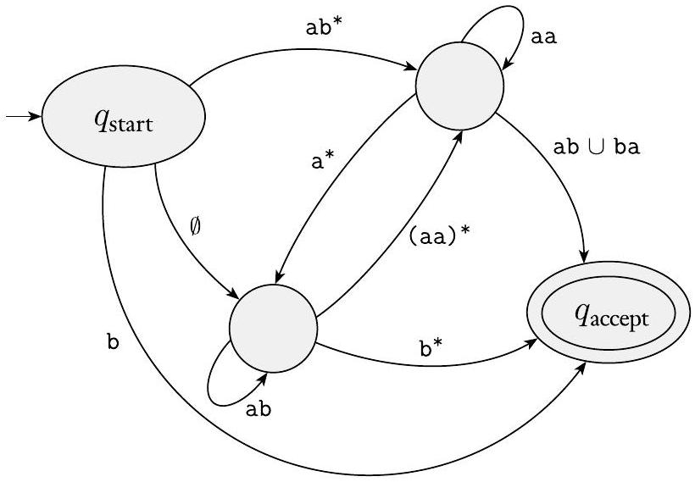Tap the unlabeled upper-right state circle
tap(458, 84)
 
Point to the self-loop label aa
tap(543, 38)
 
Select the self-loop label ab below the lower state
tap(258, 409)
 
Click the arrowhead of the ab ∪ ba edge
tap(584, 253)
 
